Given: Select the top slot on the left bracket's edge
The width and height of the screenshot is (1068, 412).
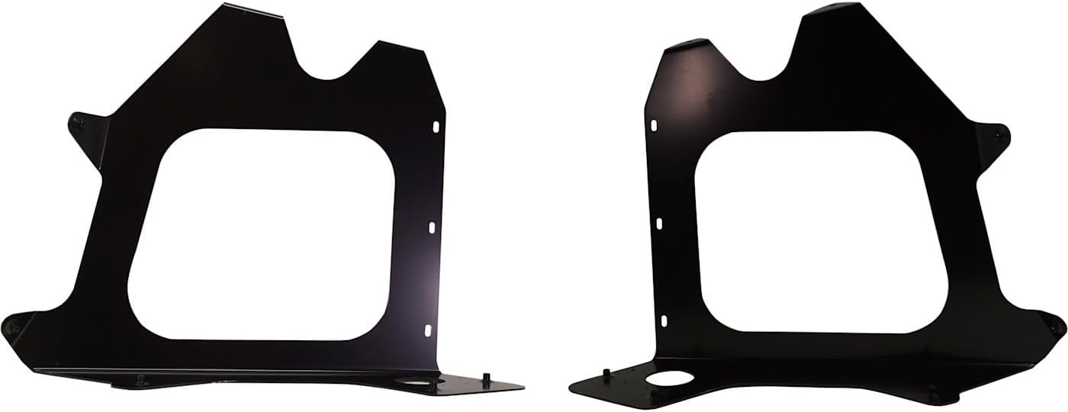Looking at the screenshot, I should click(x=436, y=127).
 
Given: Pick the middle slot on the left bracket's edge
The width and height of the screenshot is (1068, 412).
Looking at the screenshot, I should click(x=431, y=227).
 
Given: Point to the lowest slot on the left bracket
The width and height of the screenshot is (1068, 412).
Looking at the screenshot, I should click(x=427, y=330).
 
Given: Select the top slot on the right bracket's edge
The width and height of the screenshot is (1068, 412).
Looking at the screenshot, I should click(x=655, y=124).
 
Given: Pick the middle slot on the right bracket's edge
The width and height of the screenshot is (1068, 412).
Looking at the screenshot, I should click(x=659, y=223).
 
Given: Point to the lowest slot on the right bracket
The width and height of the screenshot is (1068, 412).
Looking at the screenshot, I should click(x=664, y=320).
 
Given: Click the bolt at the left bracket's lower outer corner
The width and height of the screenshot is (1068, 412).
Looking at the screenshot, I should click(x=12, y=327).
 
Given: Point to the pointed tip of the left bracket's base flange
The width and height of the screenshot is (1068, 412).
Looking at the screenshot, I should click(x=522, y=386).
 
